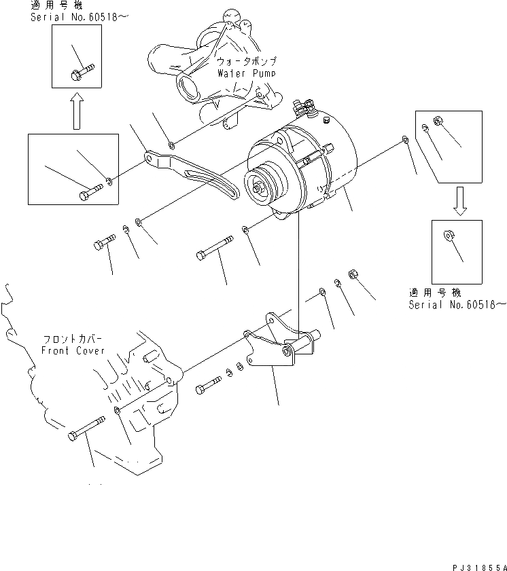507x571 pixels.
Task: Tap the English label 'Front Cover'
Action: pos(73,350)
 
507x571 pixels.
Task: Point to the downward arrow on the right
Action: pos(460,202)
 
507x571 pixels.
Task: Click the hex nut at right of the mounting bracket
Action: pos(353,274)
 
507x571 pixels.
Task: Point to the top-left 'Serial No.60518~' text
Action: pos(64,16)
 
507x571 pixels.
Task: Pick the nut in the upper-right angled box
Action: pos(438,120)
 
